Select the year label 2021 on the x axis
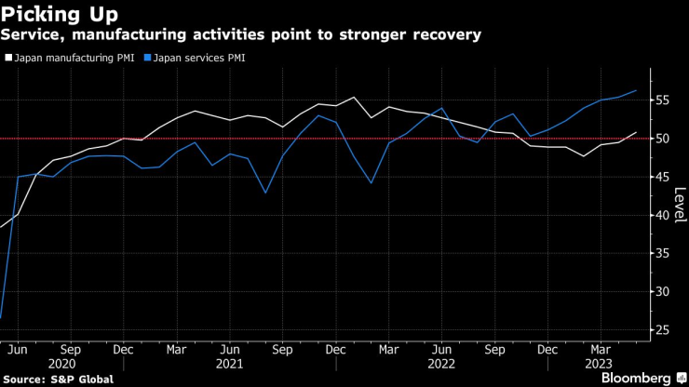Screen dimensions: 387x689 pos(231,363)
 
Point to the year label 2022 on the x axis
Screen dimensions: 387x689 pos(443,363)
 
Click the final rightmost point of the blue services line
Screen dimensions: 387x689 pos(637,90)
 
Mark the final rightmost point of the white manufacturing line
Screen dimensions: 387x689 pos(637,133)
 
